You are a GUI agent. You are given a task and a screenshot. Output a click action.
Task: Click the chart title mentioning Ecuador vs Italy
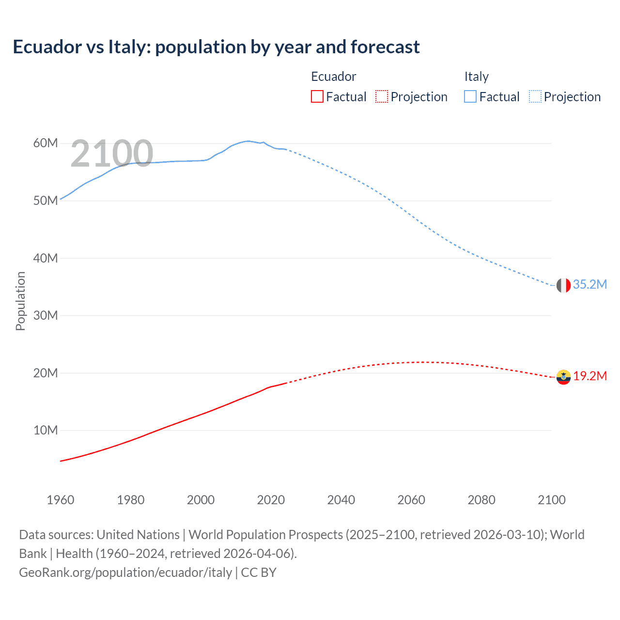pyautogui.click(x=216, y=47)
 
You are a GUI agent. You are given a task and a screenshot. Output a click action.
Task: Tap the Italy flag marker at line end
pyautogui.click(x=563, y=285)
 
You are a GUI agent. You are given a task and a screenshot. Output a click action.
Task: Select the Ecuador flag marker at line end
pyautogui.click(x=563, y=377)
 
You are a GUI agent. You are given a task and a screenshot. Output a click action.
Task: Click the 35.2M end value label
pyautogui.click(x=589, y=285)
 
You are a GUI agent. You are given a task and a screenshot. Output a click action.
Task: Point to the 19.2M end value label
pyautogui.click(x=590, y=376)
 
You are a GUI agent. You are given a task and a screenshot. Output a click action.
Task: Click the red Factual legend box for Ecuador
pyautogui.click(x=317, y=97)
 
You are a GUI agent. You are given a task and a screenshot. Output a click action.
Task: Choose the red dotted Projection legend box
pyautogui.click(x=382, y=97)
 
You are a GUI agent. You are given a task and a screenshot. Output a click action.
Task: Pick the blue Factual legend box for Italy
pyautogui.click(x=470, y=97)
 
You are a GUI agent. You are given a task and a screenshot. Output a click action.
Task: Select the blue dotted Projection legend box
pyautogui.click(x=535, y=97)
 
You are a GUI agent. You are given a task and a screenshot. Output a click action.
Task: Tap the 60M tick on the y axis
pyautogui.click(x=46, y=143)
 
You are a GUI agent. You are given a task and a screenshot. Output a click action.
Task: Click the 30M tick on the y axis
pyautogui.click(x=46, y=316)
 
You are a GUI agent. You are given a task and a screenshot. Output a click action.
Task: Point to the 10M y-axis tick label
pyautogui.click(x=46, y=431)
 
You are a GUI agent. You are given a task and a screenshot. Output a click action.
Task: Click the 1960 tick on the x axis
pyautogui.click(x=61, y=500)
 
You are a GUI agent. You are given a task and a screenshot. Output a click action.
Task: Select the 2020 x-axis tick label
pyautogui.click(x=271, y=500)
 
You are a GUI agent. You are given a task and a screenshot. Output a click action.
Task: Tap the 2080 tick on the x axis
pyautogui.click(x=481, y=500)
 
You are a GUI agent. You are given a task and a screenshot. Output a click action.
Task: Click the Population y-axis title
pyautogui.click(x=20, y=301)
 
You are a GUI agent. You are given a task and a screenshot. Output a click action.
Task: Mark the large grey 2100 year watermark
pyautogui.click(x=112, y=154)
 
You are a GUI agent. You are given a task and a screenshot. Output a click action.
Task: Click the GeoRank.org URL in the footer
pyautogui.click(x=125, y=573)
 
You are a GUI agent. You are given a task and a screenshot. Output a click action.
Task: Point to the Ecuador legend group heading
pyautogui.click(x=333, y=77)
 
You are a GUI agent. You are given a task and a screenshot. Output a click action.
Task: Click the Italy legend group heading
pyautogui.click(x=477, y=77)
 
